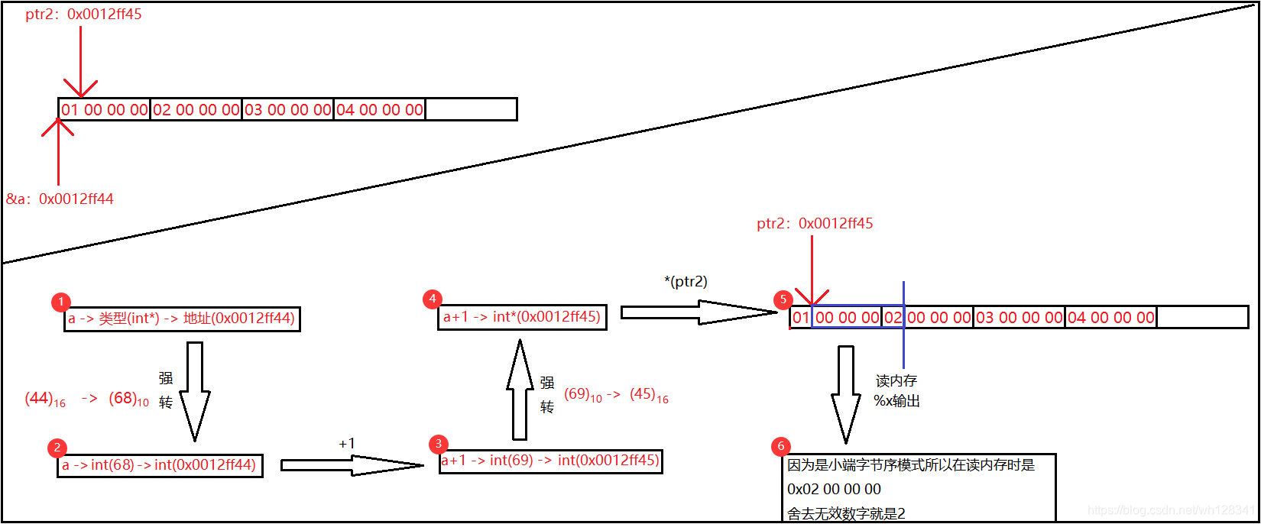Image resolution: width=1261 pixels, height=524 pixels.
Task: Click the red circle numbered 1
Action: point(60,302)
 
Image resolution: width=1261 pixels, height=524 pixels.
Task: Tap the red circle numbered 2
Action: point(57,448)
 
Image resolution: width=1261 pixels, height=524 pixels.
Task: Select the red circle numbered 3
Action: point(438,444)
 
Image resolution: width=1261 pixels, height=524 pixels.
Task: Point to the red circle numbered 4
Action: point(433,299)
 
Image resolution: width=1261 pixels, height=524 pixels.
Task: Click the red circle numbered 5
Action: point(783,299)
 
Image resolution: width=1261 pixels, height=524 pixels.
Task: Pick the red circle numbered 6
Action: point(780,446)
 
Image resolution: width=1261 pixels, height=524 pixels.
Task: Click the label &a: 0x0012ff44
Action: point(60,199)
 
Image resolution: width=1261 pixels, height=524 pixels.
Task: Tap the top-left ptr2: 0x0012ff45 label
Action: point(83,15)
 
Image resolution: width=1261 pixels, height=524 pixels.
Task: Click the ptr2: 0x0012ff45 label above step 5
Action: point(815,224)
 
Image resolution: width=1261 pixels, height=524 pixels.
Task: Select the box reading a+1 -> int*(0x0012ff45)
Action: point(522,317)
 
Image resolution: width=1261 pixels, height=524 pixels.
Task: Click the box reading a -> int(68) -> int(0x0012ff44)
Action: point(160,465)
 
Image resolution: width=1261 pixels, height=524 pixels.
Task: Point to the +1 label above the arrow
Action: point(346,444)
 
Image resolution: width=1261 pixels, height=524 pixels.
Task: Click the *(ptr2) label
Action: point(686,281)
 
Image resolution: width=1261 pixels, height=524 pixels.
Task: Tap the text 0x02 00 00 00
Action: point(834,489)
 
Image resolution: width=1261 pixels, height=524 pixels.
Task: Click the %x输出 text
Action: point(896,401)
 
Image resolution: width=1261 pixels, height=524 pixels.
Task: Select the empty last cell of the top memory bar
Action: point(471,109)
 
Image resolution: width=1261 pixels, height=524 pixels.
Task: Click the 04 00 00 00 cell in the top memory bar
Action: point(380,109)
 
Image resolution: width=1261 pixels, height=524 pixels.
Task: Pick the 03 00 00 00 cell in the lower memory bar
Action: point(1019,317)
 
